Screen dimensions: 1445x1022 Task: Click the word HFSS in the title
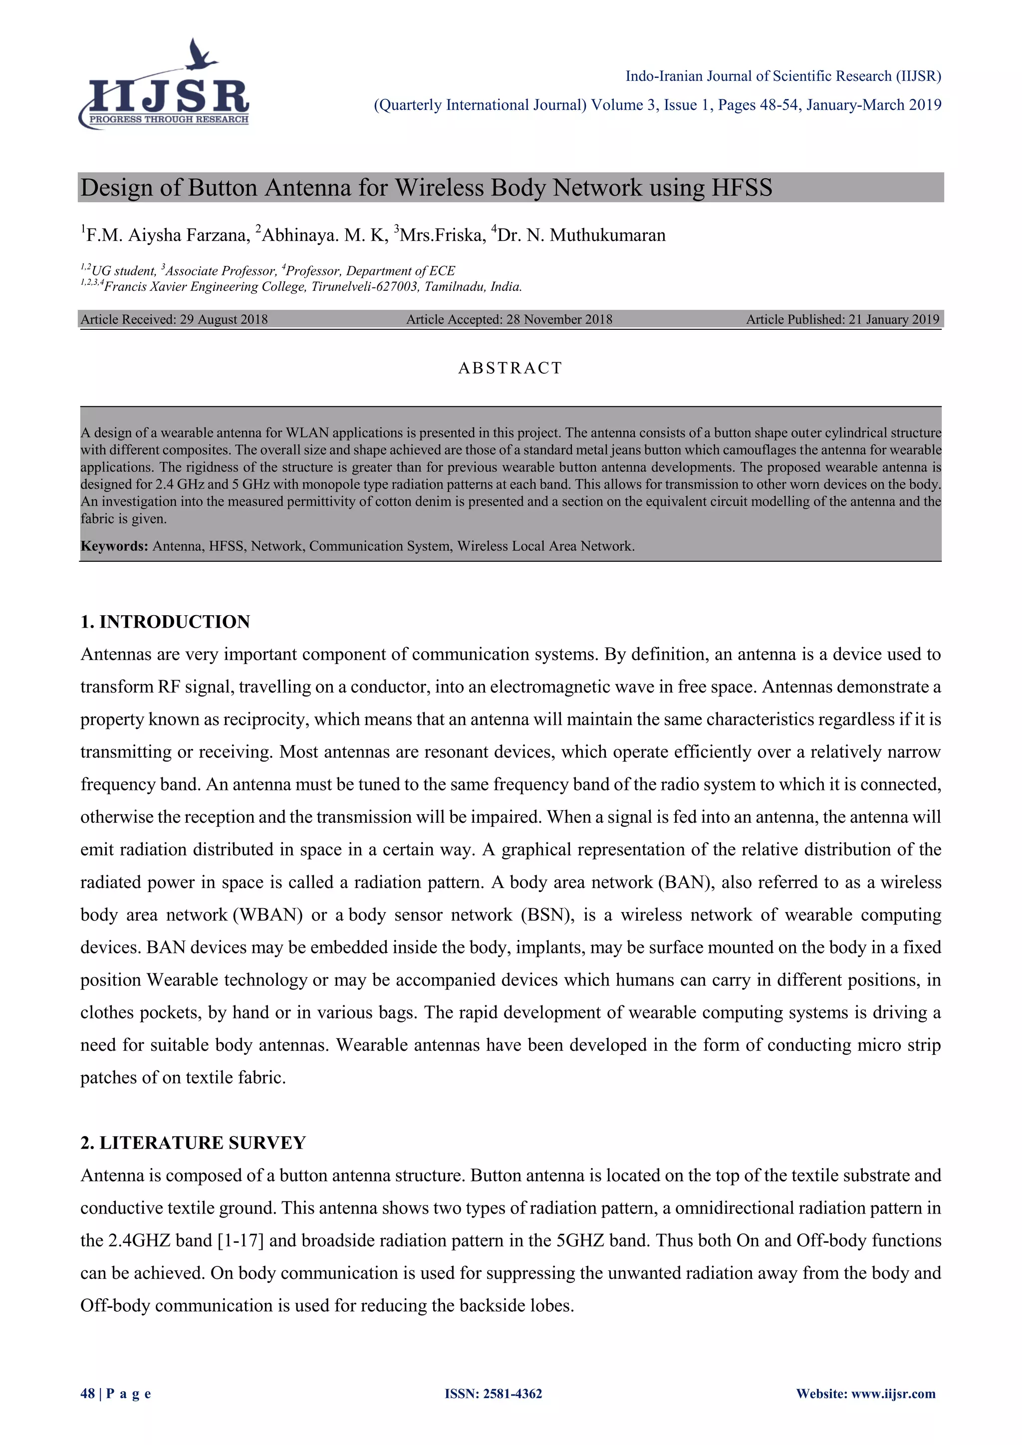coord(742,188)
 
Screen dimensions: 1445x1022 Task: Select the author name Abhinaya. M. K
coord(320,236)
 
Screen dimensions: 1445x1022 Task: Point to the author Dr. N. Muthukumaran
coord(580,236)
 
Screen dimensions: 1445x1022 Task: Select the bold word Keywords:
coord(114,546)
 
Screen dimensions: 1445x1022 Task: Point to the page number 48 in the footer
coord(87,1394)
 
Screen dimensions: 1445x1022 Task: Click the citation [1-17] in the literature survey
coord(241,1240)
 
